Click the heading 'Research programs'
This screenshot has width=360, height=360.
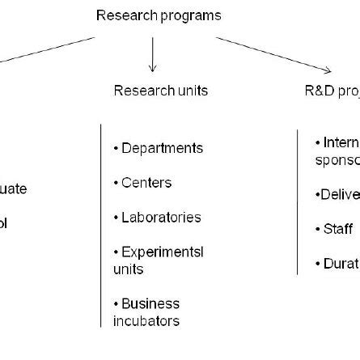click(159, 15)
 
